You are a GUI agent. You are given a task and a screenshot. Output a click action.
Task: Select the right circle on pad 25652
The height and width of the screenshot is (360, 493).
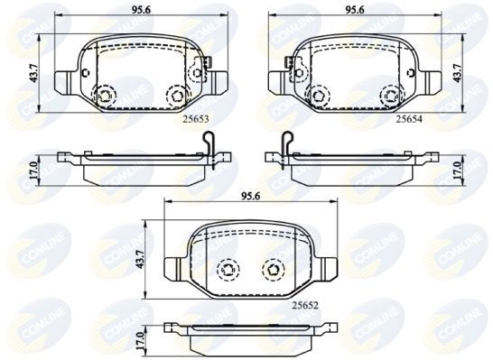pyautogui.click(x=271, y=267)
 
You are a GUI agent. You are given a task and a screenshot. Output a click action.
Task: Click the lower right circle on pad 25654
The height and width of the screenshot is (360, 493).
pyautogui.click(x=389, y=94)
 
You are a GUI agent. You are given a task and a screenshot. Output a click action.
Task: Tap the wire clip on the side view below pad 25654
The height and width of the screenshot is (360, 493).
pyautogui.click(x=286, y=145)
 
